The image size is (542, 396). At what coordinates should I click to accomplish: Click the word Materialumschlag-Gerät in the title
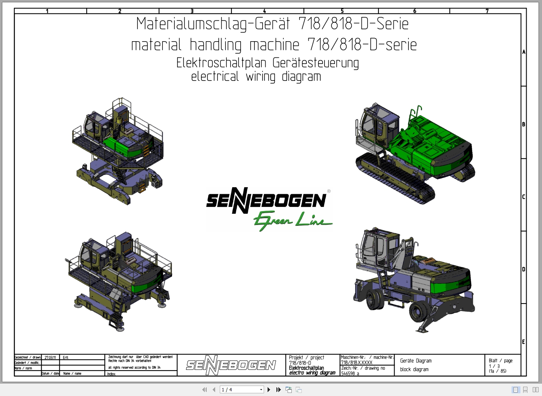213,24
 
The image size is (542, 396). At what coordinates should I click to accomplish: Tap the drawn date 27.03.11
50,357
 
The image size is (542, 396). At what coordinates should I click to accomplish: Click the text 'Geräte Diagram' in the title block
415,361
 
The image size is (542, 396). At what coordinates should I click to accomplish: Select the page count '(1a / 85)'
497,371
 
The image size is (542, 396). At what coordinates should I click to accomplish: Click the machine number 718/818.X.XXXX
356,362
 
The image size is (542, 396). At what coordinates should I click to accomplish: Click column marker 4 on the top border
264,11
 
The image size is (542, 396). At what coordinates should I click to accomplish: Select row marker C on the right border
524,197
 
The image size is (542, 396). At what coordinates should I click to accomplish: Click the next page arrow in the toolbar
269,389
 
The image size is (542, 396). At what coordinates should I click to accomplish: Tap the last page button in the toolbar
278,389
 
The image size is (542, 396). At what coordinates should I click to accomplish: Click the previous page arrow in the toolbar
214,389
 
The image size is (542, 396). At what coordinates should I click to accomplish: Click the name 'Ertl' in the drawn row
65,357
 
